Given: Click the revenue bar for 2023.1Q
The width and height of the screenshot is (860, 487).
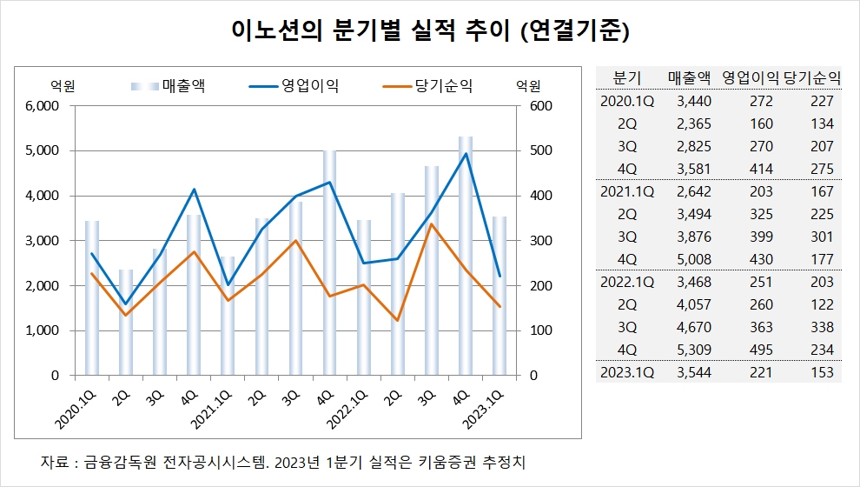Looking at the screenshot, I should [499, 296].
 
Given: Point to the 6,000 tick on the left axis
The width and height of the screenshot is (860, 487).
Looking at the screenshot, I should [40, 106].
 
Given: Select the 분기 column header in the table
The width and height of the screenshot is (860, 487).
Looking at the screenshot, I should [626, 77].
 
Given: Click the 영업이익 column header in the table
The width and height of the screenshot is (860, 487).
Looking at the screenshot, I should [751, 77].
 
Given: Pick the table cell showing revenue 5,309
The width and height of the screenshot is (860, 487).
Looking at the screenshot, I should [693, 350].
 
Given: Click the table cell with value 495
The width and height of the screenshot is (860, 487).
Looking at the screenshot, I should [760, 350].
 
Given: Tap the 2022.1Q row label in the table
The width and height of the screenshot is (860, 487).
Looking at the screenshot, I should [627, 282].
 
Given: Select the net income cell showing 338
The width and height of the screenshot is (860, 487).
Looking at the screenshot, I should [820, 327].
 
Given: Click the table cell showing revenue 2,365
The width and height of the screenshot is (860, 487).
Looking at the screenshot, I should [693, 123].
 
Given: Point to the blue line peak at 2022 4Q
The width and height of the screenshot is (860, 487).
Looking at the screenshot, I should [466, 154].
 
